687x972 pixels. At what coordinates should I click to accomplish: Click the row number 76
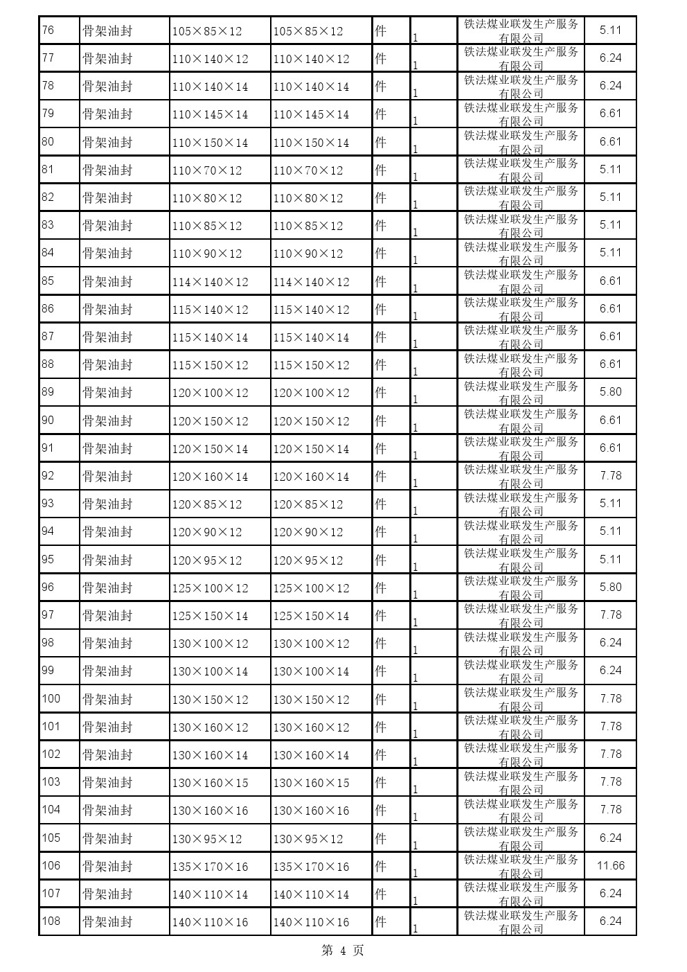tap(48, 30)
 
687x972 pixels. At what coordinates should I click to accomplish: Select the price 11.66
tap(610, 865)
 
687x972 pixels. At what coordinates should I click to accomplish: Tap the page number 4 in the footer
tap(343, 951)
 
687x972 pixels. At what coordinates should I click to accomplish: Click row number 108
tap(51, 921)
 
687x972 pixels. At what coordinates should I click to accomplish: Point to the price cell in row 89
tap(610, 392)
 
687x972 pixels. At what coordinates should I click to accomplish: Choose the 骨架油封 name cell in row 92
tap(107, 476)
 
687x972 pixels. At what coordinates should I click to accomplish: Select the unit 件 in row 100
tap(380, 699)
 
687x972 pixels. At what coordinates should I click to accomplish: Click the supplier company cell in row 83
tap(521, 225)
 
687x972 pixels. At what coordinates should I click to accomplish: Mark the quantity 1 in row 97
tap(415, 622)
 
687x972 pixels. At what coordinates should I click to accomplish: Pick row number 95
tap(48, 559)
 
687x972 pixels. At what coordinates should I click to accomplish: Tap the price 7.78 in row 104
tap(610, 810)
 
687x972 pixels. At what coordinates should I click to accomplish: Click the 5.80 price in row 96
tap(610, 587)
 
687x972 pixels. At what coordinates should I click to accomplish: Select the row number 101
tap(51, 726)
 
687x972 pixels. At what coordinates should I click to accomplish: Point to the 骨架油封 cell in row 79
tap(107, 114)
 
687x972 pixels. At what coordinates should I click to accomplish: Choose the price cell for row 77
tap(610, 58)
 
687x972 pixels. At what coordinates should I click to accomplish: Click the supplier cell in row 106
tap(521, 866)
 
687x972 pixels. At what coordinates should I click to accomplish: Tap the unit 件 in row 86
tap(380, 309)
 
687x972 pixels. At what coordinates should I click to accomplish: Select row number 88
tap(48, 364)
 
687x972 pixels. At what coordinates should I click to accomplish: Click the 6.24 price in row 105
tap(610, 838)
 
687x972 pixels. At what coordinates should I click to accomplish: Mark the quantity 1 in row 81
tap(415, 177)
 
